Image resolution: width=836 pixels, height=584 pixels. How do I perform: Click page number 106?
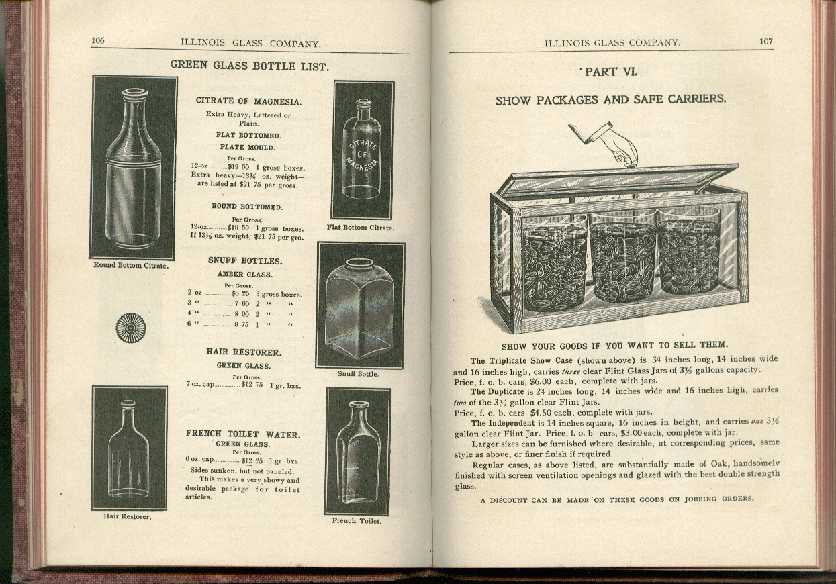(98, 40)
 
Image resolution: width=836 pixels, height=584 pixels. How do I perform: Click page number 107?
(765, 41)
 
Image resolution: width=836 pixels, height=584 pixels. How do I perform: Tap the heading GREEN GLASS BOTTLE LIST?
(248, 66)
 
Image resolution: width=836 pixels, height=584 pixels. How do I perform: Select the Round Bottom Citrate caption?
(131, 265)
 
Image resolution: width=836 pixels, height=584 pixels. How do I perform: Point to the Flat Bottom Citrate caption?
(360, 228)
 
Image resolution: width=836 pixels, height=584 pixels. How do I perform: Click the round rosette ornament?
(130, 328)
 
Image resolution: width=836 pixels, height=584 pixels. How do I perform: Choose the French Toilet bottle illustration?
(357, 451)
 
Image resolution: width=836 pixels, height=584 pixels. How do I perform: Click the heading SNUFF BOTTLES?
(244, 261)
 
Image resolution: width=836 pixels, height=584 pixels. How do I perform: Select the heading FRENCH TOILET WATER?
(243, 434)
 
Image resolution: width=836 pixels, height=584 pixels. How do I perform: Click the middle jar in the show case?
(623, 262)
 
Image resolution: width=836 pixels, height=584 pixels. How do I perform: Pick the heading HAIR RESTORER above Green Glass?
(243, 352)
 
